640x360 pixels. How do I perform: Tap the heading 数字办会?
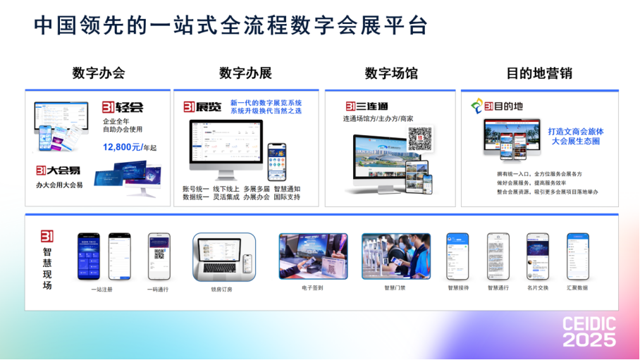click(x=99, y=73)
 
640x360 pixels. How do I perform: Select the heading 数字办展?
click(x=245, y=73)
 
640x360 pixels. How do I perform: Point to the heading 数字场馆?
click(x=391, y=73)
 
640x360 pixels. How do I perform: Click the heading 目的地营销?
click(x=540, y=73)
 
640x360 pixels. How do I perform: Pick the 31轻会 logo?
click(x=123, y=107)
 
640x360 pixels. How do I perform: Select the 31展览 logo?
click(x=202, y=107)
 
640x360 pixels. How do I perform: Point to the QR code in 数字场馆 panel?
click(x=419, y=138)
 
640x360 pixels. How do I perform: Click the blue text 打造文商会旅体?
click(x=576, y=131)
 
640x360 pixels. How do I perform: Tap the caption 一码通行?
click(x=159, y=289)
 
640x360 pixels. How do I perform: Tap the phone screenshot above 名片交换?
click(x=537, y=256)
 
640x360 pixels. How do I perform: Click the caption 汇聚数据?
click(x=577, y=287)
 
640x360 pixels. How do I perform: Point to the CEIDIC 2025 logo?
click(x=589, y=331)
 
